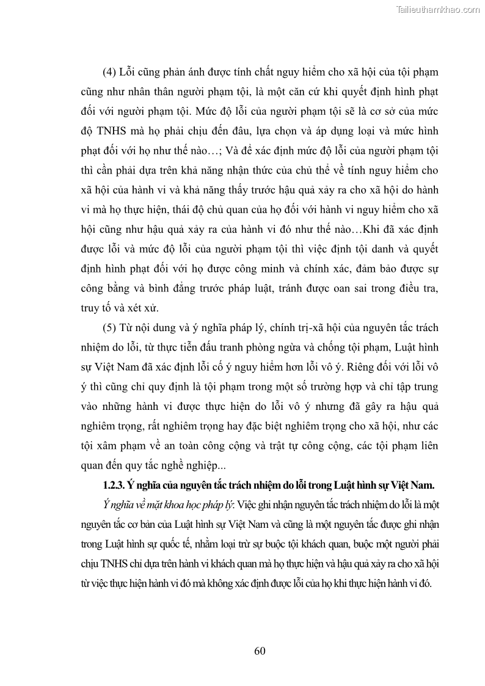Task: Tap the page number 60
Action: (x=260, y=650)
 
